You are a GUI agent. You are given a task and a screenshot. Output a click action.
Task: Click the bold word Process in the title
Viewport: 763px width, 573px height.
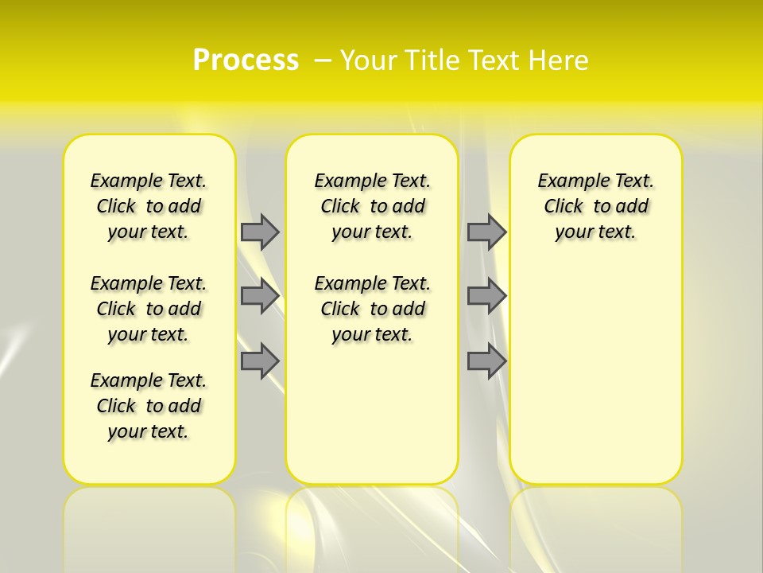tap(246, 60)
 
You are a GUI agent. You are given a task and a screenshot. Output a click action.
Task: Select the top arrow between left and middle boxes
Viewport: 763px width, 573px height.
tap(260, 232)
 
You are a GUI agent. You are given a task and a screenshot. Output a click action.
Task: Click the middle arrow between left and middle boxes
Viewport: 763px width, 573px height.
tap(260, 296)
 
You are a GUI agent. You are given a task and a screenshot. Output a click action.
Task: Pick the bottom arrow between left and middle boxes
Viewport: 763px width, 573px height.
tap(260, 361)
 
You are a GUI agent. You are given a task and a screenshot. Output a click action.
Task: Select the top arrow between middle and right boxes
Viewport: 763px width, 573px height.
tap(486, 232)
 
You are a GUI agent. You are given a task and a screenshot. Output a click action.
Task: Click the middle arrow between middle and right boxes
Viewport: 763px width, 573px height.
tap(486, 296)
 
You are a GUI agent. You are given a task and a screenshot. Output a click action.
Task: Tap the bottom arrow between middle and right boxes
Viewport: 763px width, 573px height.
tap(486, 361)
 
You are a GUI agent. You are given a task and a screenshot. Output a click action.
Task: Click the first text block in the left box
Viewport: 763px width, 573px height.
tap(149, 206)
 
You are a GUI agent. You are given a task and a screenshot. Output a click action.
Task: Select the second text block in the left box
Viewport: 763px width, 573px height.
tap(149, 309)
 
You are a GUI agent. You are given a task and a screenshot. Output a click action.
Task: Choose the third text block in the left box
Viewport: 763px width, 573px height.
tap(149, 406)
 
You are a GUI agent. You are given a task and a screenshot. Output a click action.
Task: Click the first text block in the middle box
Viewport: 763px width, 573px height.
tap(372, 206)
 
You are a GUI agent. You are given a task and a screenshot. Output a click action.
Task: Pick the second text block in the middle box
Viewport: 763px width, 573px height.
tap(372, 309)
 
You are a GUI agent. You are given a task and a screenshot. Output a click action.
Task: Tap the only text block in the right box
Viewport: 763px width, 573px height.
tap(596, 206)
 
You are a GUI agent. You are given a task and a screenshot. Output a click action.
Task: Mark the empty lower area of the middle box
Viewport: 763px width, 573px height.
tap(372, 414)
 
